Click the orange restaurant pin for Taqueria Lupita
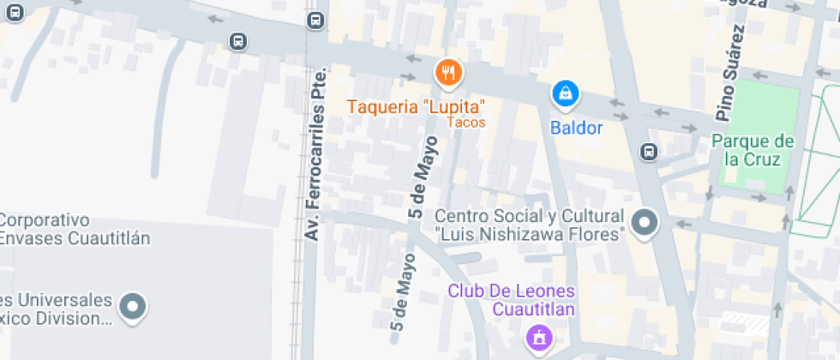[x=448, y=73]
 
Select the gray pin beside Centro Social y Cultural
[x=644, y=223]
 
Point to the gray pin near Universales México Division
[x=133, y=306]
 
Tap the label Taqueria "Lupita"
[x=417, y=107]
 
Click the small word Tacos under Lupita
[x=467, y=123]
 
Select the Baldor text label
[x=576, y=129]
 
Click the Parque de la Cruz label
[x=753, y=150]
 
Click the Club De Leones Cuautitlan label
[x=512, y=300]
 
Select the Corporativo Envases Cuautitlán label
[x=75, y=229]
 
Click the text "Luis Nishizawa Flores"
[x=528, y=234]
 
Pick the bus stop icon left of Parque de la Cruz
[x=650, y=152]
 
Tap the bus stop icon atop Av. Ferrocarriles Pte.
[x=315, y=20]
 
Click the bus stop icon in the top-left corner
[x=12, y=11]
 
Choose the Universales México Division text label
[x=57, y=309]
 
